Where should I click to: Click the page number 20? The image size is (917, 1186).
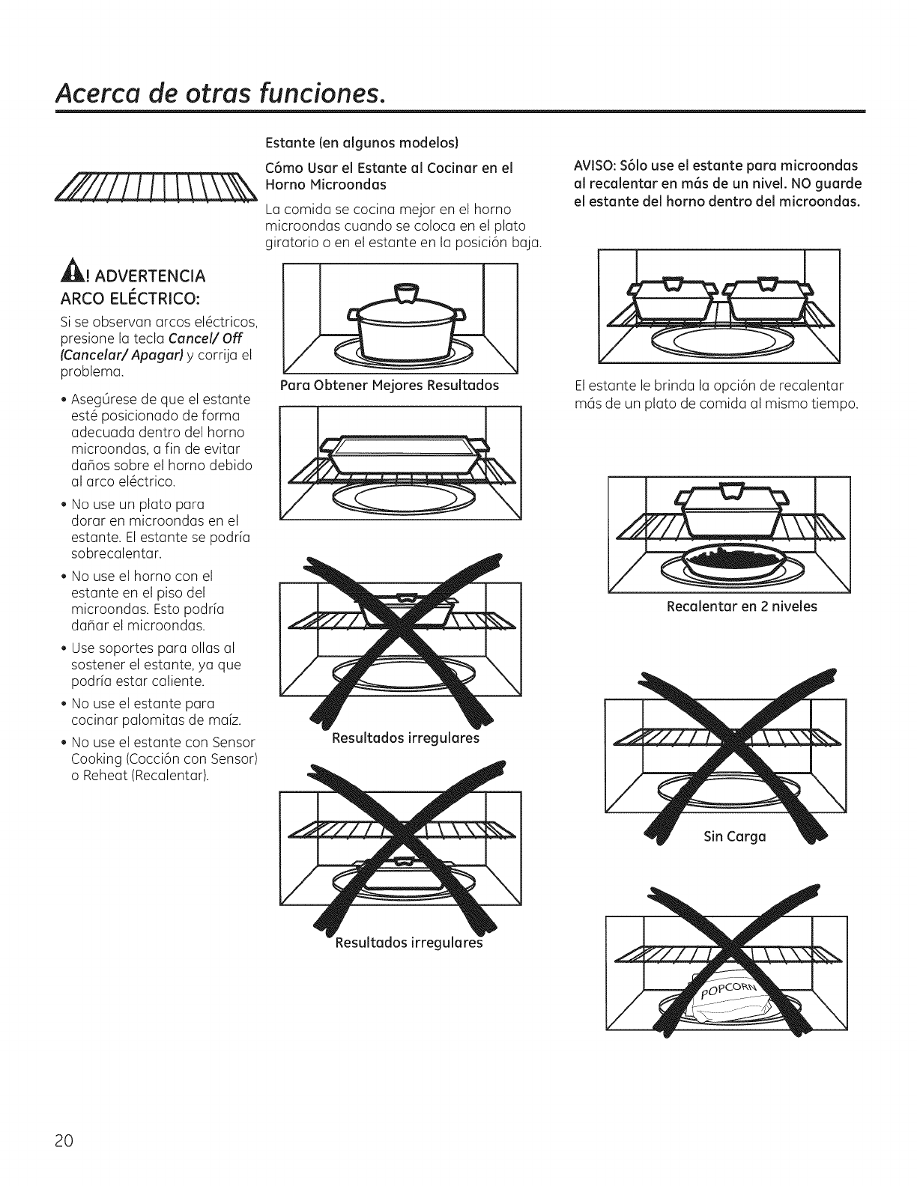[63, 1141]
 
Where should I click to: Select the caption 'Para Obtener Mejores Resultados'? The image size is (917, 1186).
[388, 386]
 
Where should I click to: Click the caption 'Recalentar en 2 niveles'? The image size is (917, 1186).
[742, 606]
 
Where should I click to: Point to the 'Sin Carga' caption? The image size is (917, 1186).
[734, 836]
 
